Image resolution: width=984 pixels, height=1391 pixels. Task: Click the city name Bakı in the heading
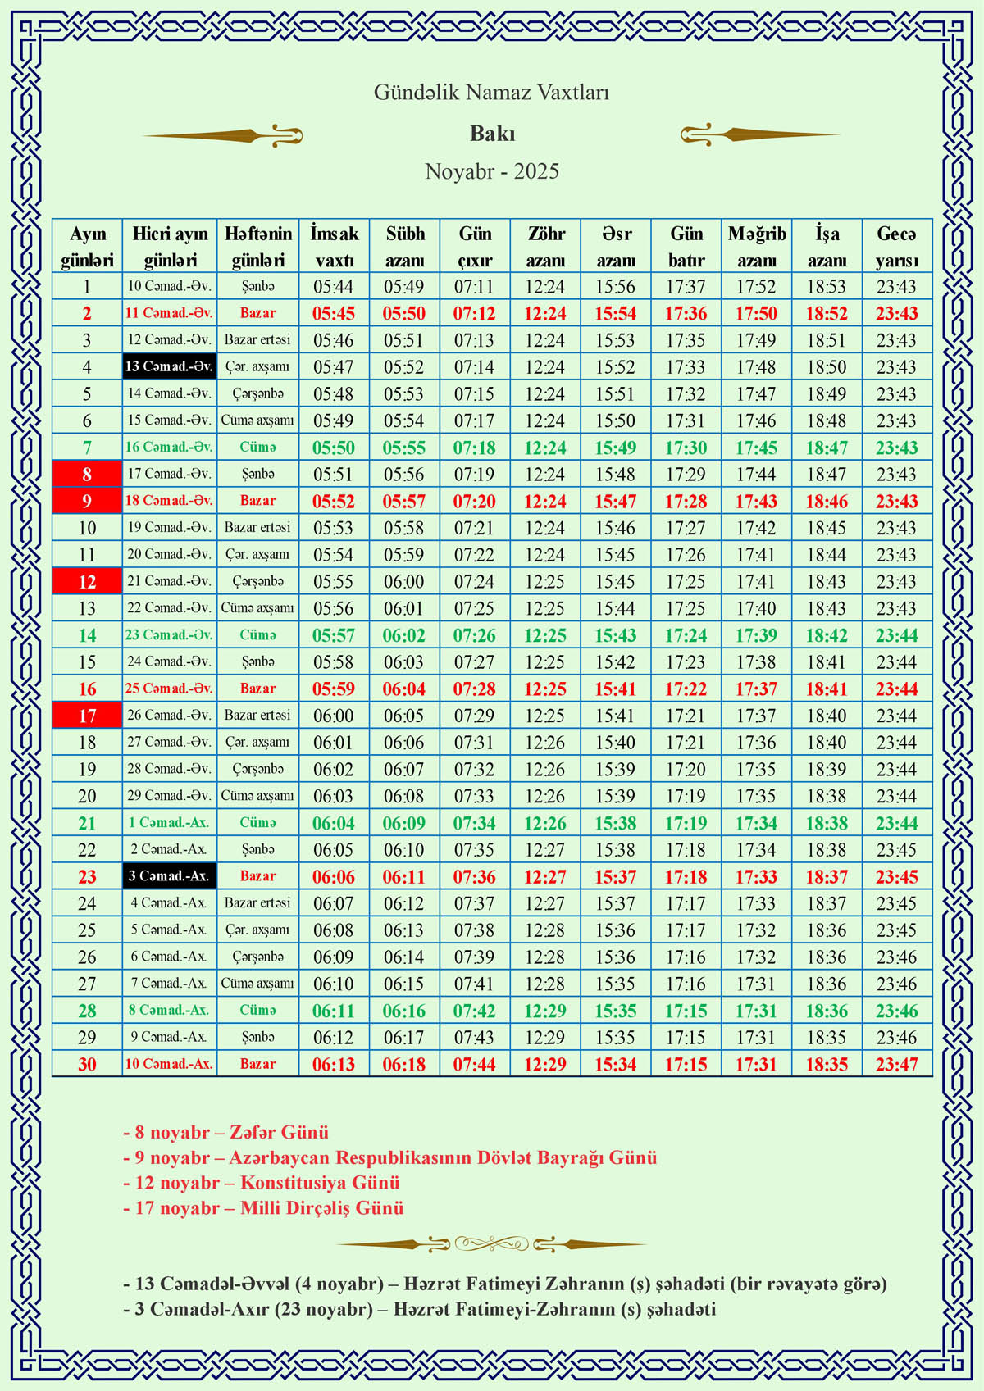tap(492, 134)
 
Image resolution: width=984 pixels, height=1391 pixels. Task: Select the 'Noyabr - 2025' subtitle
tap(492, 171)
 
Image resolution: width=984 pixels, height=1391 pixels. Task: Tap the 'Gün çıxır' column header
tap(475, 246)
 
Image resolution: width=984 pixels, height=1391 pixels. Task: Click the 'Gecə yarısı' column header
tap(896, 246)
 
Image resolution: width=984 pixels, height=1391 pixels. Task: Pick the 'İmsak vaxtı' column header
tap(334, 246)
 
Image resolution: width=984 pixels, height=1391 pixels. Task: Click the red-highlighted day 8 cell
tap(87, 474)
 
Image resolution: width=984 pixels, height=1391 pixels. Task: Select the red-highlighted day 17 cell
tap(87, 716)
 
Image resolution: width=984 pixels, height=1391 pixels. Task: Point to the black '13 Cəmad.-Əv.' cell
tap(169, 366)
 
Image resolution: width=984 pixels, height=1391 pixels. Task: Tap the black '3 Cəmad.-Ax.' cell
tap(169, 876)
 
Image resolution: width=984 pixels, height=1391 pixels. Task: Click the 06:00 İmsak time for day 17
tap(334, 716)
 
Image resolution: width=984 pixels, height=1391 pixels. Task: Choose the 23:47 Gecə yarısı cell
tap(896, 1064)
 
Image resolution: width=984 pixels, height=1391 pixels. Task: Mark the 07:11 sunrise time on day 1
tap(475, 287)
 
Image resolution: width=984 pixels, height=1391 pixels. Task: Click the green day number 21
tap(87, 823)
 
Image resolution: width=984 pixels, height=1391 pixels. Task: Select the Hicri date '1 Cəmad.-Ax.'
tap(169, 823)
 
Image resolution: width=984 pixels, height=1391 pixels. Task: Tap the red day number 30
tap(87, 1064)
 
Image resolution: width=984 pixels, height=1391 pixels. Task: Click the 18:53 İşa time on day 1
tap(827, 287)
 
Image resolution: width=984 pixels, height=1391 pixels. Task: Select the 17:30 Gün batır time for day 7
tap(686, 448)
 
